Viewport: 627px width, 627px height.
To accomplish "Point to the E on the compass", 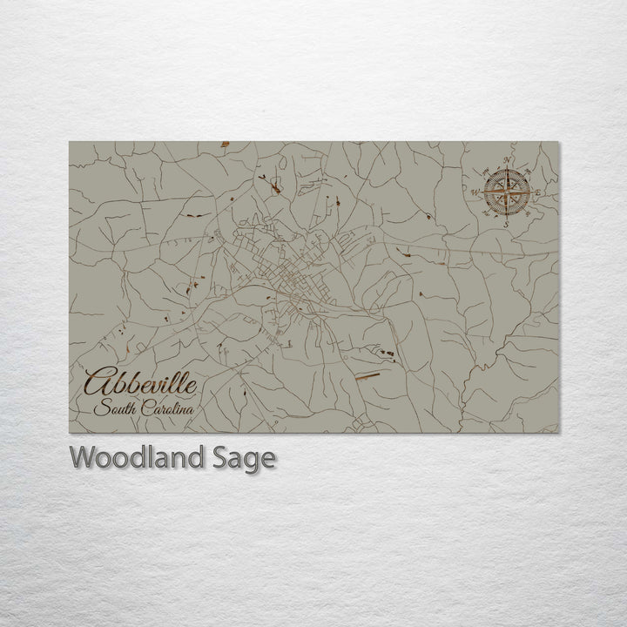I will tap(537, 192).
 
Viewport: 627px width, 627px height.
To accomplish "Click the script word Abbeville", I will tap(140, 383).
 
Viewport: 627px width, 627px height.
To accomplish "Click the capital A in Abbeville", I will tap(98, 382).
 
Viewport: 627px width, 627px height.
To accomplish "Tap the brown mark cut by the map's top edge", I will tap(225, 144).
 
